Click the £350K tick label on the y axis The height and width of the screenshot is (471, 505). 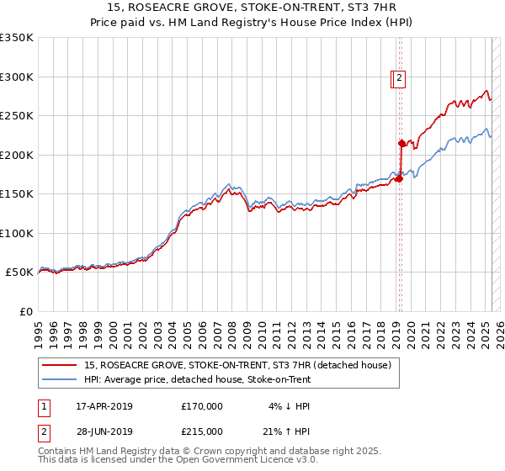coord(16,38)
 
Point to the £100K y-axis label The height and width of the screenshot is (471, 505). coord(16,233)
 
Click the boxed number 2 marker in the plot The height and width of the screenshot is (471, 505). coord(399,79)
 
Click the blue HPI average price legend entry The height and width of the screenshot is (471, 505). coord(197,379)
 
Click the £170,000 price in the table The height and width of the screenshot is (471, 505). coord(202,406)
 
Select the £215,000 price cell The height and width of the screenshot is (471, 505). coord(202,431)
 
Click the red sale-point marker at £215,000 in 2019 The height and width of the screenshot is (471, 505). coord(401,143)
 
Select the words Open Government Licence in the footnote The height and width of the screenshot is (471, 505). coord(246,460)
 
